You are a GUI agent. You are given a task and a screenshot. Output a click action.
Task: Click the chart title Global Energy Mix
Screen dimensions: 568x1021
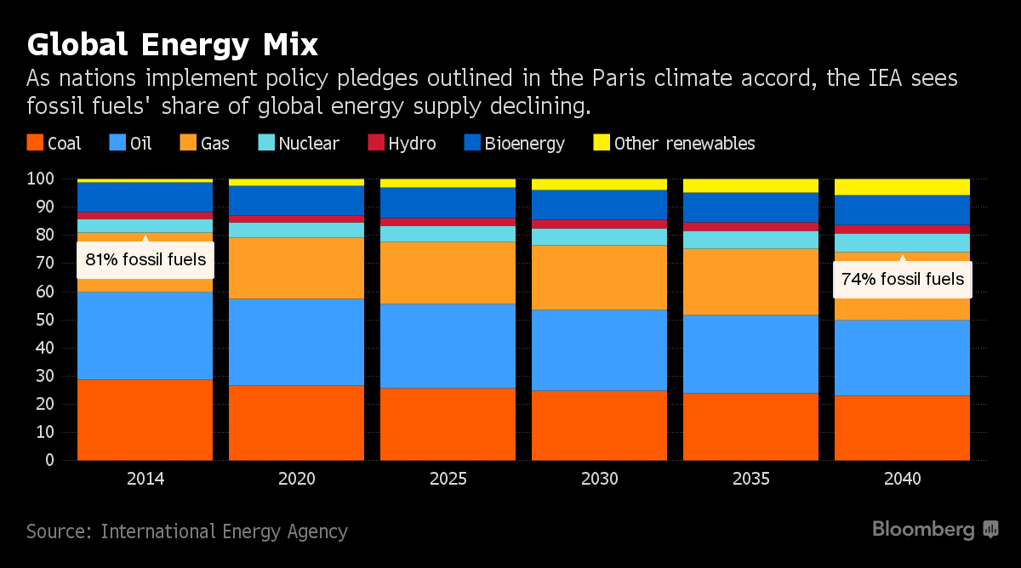172,44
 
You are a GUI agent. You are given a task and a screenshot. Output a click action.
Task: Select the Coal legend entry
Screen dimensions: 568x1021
54,143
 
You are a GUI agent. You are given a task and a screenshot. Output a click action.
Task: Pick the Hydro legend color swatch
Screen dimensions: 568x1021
375,143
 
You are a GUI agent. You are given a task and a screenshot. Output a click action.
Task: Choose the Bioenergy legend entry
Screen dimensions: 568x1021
514,143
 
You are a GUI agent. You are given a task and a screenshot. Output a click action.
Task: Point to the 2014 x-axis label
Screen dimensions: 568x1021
145,479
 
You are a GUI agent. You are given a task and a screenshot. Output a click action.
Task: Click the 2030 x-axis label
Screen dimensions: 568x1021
600,479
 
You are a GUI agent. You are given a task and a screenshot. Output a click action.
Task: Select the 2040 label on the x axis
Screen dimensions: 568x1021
903,479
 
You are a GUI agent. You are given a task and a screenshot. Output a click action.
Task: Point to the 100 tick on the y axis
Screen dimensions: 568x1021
40,179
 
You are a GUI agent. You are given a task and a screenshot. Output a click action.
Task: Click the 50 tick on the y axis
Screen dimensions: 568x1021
44,320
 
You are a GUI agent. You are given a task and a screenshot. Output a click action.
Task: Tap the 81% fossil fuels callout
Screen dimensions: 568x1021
145,259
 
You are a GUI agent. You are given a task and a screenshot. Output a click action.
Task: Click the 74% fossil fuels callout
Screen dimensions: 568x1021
903,278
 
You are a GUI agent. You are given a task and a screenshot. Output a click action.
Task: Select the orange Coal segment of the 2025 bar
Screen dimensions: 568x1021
448,423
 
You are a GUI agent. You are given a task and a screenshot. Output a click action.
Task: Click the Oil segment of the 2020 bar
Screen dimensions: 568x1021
297,342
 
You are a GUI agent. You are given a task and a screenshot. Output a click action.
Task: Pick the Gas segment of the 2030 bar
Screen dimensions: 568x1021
600,277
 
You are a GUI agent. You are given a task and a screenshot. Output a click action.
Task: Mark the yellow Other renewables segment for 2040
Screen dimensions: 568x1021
903,186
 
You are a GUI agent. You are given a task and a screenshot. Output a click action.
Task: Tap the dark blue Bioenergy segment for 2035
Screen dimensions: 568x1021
751,207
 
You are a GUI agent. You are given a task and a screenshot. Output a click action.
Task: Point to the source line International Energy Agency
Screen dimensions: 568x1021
187,532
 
